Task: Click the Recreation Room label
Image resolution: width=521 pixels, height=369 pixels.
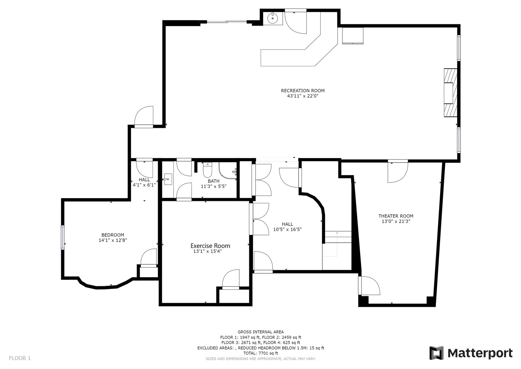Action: [302, 91]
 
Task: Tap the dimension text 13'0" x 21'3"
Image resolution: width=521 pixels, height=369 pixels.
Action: [396, 221]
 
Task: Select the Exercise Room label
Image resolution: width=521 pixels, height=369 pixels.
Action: [210, 246]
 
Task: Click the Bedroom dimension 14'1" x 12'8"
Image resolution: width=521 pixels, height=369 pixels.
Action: [113, 240]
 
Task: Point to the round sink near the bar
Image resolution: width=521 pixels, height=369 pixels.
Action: [273, 18]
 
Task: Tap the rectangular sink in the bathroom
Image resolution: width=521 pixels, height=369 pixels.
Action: [167, 179]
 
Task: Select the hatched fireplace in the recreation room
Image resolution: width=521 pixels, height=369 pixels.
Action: [450, 93]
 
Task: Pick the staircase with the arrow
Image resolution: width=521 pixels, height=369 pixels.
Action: [337, 243]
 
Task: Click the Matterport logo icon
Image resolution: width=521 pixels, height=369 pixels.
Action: [436, 353]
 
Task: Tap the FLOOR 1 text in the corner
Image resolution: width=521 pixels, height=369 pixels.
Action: [20, 358]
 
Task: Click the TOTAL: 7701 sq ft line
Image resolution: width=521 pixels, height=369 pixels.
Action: [260, 353]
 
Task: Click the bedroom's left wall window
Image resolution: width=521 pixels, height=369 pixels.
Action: [63, 237]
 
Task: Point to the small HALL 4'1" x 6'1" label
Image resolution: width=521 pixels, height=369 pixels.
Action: [144, 182]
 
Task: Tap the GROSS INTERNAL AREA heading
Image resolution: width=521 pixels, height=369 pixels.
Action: [260, 332]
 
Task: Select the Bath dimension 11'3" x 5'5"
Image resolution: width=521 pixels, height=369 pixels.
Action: [213, 186]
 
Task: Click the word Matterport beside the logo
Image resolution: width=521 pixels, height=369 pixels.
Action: [480, 353]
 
